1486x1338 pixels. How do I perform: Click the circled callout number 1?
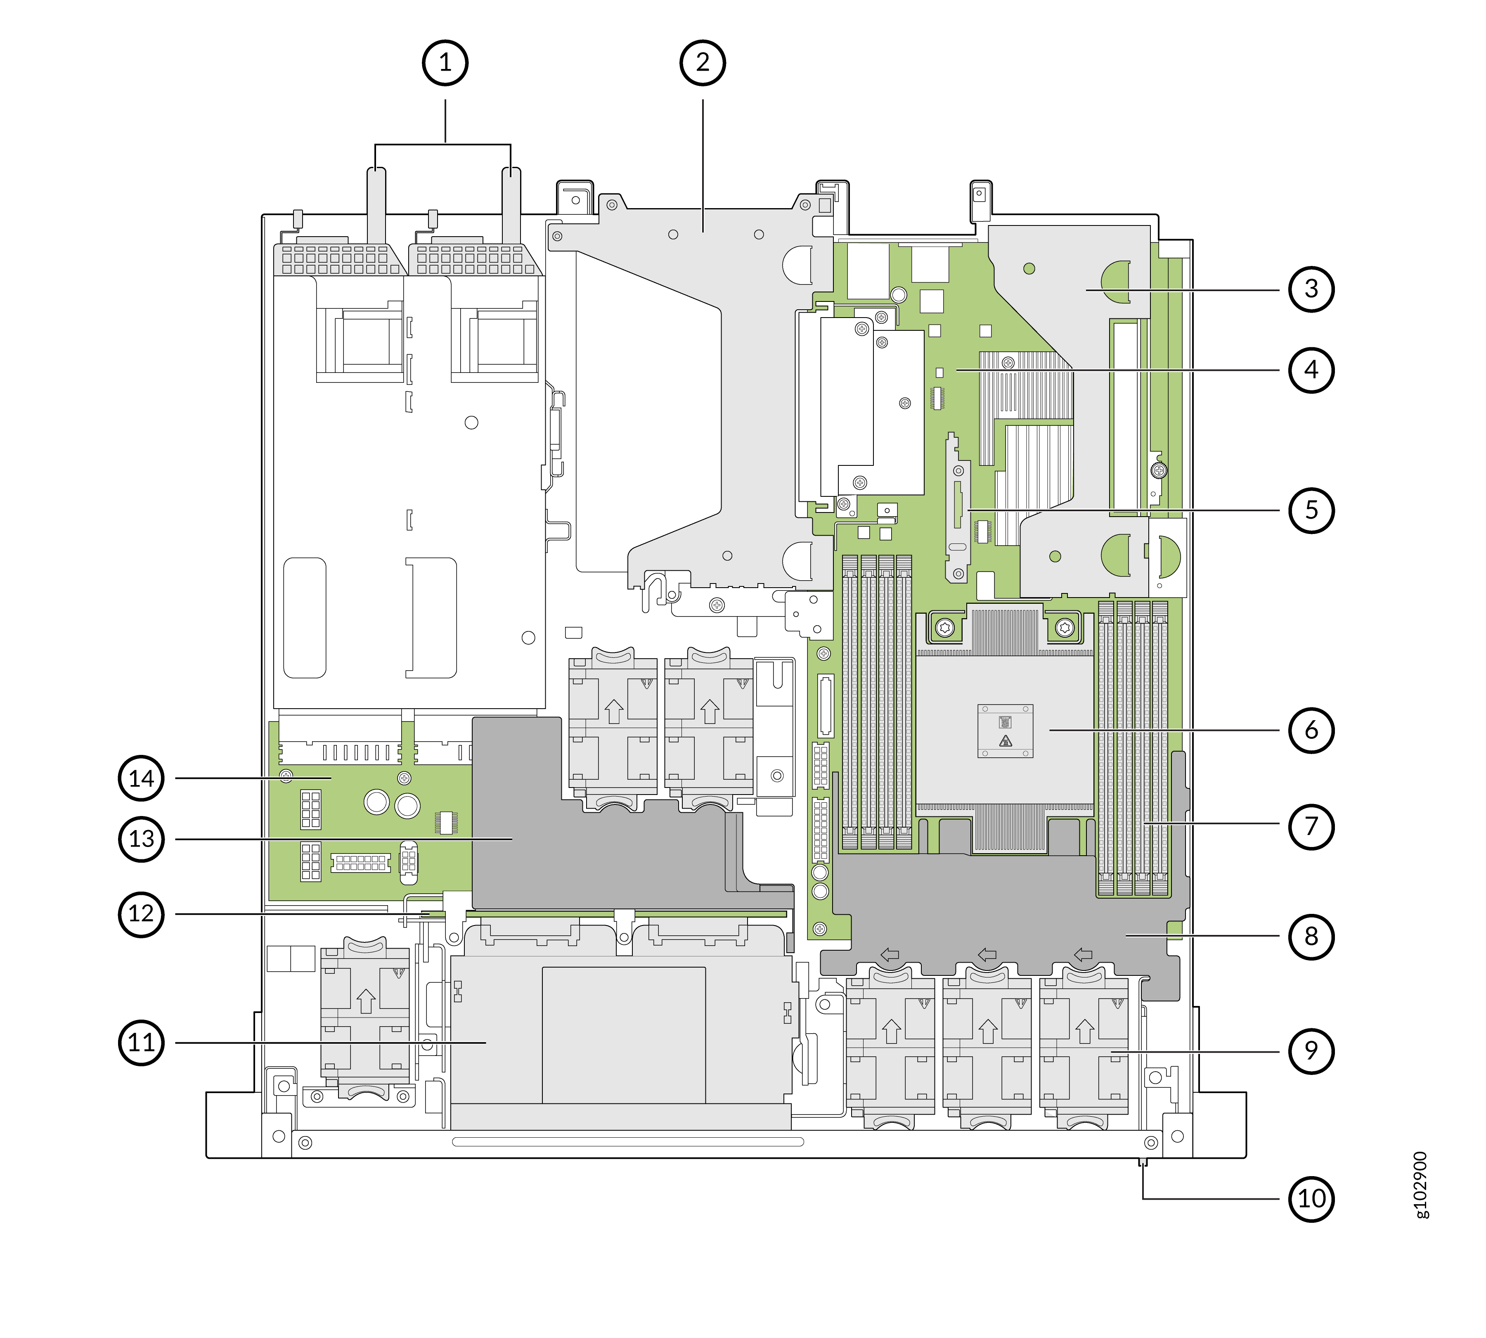(445, 63)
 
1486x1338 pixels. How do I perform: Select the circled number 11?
(141, 1042)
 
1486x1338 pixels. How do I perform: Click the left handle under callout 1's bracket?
(376, 206)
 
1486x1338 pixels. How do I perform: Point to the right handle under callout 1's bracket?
(511, 206)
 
